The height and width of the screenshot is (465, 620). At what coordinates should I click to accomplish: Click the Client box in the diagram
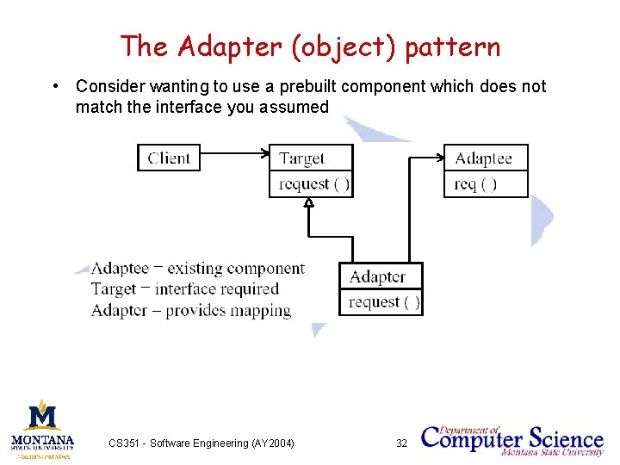coord(169,158)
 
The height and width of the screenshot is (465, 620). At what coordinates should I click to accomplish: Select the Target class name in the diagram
coord(302,158)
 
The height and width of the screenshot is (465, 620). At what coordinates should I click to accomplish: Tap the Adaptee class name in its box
coord(484,158)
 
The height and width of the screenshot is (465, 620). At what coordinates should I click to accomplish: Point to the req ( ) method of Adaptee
coord(476,184)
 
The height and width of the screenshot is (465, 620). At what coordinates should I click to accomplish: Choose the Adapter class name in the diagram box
coord(377,276)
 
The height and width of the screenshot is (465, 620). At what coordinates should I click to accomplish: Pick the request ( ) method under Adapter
coord(384,302)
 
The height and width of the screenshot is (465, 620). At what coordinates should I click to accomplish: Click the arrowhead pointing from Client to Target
coord(265,154)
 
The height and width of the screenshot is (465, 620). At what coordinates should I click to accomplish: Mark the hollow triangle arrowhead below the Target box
coord(308,203)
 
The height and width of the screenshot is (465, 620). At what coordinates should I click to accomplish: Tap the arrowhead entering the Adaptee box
coord(440,158)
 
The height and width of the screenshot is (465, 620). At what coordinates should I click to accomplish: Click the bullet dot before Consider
coord(54,86)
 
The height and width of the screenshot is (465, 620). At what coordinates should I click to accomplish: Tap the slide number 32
coord(401,443)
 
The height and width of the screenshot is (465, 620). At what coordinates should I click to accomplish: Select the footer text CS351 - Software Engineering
coord(201,443)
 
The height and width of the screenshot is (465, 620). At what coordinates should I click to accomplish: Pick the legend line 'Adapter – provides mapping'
coord(191,310)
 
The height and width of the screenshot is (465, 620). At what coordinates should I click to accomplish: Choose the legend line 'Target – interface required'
coord(185,289)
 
